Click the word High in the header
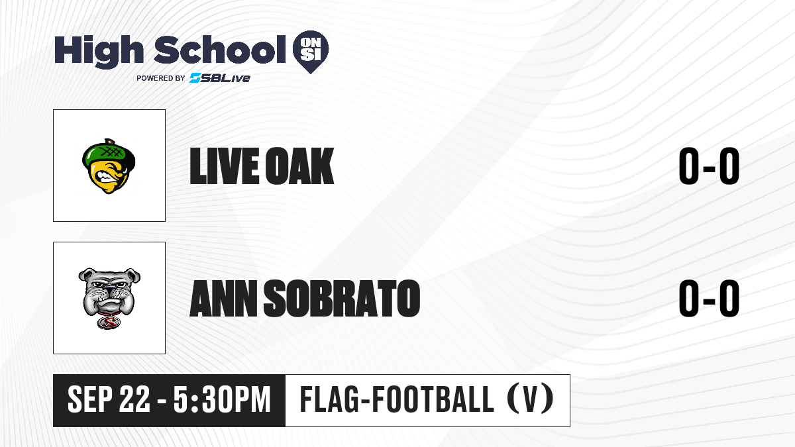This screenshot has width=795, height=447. tap(99, 51)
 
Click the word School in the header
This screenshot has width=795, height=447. tap(220, 49)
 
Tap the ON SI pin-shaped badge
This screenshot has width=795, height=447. tap(311, 52)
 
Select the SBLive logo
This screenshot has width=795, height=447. tap(220, 77)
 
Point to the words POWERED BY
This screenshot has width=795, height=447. tap(160, 78)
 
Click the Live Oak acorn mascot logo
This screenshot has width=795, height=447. tap(109, 166)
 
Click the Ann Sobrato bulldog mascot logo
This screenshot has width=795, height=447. tap(109, 298)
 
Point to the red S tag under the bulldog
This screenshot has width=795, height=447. tap(109, 323)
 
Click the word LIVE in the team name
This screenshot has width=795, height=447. tap(225, 166)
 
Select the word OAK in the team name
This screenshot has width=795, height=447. tap(299, 166)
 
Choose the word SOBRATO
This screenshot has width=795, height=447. tap(342, 298)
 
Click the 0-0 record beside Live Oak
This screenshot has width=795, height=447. tap(709, 166)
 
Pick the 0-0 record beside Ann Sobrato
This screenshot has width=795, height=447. tap(709, 298)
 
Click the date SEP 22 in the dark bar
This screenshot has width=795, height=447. tap(109, 399)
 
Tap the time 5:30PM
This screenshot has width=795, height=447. tap(222, 399)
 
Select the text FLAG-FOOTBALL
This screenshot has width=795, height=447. tap(397, 399)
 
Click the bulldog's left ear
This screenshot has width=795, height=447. tap(86, 275)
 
